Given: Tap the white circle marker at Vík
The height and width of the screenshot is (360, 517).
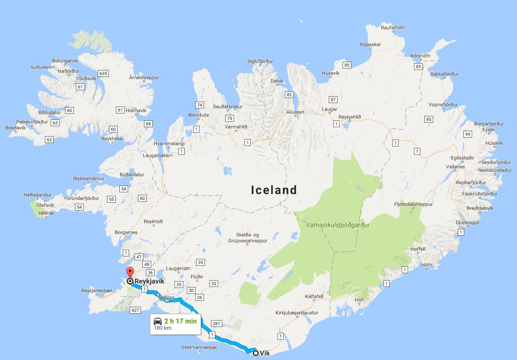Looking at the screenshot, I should pyautogui.click(x=255, y=353).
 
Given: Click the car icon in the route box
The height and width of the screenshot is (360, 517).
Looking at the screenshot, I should pyautogui.click(x=158, y=322).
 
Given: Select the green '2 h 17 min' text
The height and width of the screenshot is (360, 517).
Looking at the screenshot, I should pyautogui.click(x=180, y=322).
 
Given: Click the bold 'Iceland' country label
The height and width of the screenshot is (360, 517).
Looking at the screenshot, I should pyautogui.click(x=274, y=190).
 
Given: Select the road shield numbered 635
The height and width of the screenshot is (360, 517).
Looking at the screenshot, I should pyautogui.click(x=103, y=73).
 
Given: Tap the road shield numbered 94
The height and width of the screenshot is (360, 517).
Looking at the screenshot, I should pyautogui.click(x=468, y=134).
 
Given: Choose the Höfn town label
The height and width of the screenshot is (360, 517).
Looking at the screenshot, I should pyautogui.click(x=427, y=265).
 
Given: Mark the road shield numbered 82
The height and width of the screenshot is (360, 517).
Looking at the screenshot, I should pyautogui.click(x=289, y=95).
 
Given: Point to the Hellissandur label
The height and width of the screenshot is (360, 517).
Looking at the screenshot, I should pyautogui.click(x=37, y=195).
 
